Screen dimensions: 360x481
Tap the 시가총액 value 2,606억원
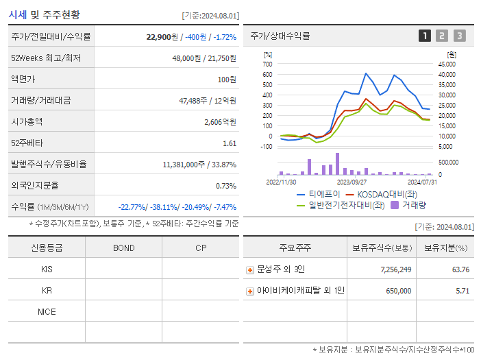pyautogui.click(x=220, y=122)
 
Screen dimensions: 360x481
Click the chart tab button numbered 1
pyautogui.click(x=425, y=36)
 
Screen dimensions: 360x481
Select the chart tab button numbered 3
pyautogui.click(x=459, y=36)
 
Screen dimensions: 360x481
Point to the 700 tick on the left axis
pyautogui.click(x=267, y=64)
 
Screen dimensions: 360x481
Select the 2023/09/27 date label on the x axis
pyautogui.click(x=351, y=182)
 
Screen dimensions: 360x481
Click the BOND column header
pyautogui.click(x=123, y=248)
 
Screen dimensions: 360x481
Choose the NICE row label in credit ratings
pyautogui.click(x=47, y=311)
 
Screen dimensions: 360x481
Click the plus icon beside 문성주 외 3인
pyautogui.click(x=250, y=269)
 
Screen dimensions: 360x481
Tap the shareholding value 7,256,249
pyautogui.click(x=395, y=269)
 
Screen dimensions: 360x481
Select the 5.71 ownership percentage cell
pyautogui.click(x=463, y=291)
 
